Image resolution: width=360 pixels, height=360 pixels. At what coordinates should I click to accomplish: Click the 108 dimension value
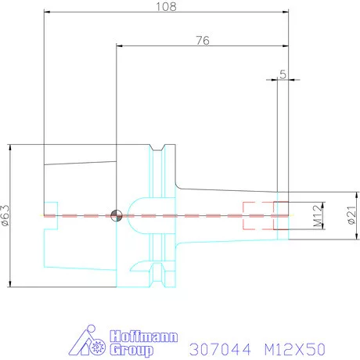point(166,6)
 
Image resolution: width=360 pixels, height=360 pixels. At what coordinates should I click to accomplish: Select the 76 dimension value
point(203,41)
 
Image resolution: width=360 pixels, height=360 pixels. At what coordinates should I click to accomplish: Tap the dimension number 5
point(283,74)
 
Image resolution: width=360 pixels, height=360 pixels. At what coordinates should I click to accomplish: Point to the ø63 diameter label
point(5,215)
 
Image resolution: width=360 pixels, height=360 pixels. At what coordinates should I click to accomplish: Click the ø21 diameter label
point(351,215)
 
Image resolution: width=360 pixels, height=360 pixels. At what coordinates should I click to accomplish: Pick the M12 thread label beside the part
point(318,216)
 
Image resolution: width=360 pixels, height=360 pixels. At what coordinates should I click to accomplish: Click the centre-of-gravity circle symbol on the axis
point(117,216)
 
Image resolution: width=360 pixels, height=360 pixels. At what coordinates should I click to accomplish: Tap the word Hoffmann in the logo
point(144,337)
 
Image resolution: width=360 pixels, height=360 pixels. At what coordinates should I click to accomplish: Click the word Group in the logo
point(131,350)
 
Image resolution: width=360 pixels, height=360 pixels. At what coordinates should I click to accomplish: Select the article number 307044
point(221,349)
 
